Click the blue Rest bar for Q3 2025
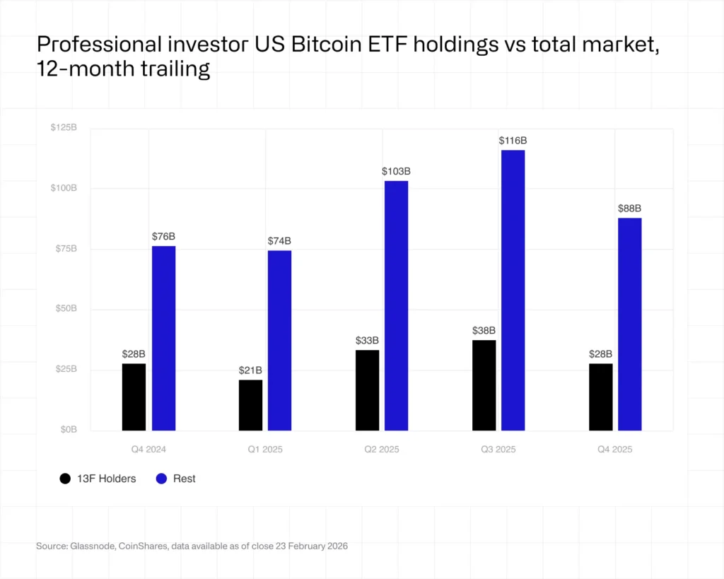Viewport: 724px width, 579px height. coord(513,290)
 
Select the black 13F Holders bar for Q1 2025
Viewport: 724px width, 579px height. coord(250,405)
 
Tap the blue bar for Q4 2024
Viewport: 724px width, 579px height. coord(163,338)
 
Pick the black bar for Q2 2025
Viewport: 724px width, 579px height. coord(367,390)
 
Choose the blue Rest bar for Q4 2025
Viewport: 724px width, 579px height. coord(629,324)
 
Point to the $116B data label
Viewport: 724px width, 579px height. coord(513,141)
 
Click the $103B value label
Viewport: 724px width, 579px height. coord(396,172)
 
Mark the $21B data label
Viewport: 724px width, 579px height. coord(250,370)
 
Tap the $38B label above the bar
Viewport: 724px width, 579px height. coord(484,331)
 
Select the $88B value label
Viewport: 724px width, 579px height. coord(629,209)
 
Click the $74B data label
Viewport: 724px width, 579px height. coord(279,241)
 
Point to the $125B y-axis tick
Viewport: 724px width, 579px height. coord(64,128)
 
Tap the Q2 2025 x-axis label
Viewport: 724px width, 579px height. coord(381,450)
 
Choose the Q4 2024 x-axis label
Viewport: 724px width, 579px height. coord(148,450)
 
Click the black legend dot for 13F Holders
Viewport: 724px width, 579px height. coord(65,479)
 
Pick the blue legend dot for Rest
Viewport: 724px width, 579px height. coord(161,479)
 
